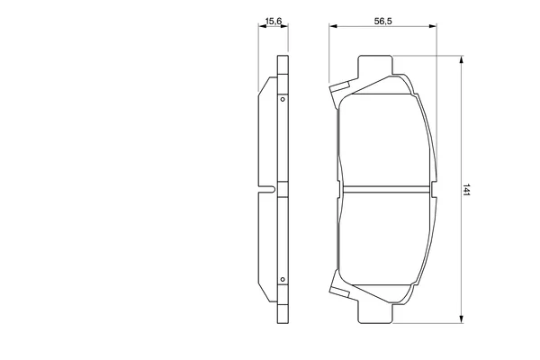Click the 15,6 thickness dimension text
[x=274, y=22]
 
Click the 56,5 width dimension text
[x=383, y=22]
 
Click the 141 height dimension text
[x=466, y=190]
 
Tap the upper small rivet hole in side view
[x=283, y=99]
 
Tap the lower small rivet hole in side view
[x=283, y=279]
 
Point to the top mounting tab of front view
[x=375, y=66]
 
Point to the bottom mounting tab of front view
[x=375, y=313]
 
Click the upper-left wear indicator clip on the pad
[x=339, y=88]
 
